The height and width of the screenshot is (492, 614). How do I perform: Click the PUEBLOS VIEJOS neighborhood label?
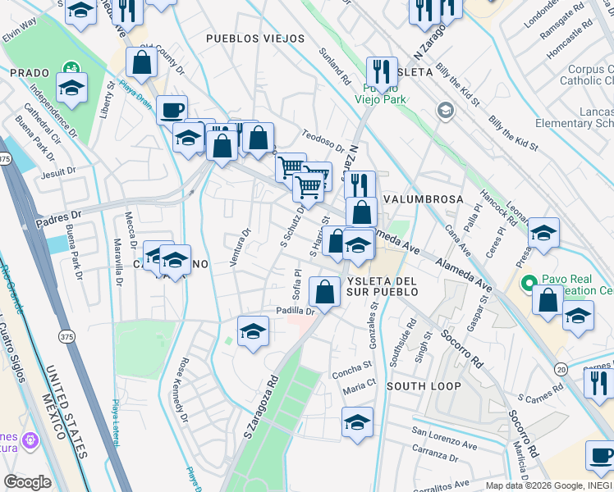click(x=255, y=39)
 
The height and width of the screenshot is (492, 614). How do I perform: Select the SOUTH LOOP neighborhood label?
click(x=423, y=385)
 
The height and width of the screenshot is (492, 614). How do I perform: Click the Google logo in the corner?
click(x=28, y=482)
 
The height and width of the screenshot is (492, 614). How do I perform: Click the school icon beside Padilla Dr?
click(x=253, y=331)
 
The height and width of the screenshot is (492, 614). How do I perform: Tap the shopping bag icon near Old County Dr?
click(x=142, y=61)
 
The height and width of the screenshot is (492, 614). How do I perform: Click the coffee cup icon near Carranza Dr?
click(x=601, y=455)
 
